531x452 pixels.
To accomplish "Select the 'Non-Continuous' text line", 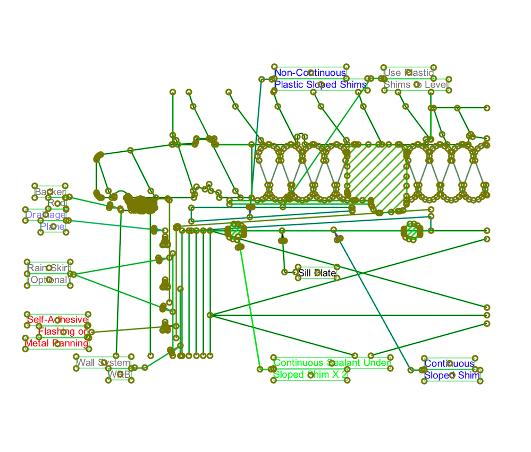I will [310, 73].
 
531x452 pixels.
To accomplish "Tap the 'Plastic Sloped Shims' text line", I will [320, 84].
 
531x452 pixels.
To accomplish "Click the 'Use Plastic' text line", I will [408, 73].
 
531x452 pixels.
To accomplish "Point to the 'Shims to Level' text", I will [416, 84].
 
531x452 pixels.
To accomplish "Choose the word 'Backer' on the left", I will [50, 192].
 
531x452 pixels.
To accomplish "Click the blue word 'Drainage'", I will [46, 215].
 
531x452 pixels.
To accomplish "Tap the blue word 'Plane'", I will [52, 227].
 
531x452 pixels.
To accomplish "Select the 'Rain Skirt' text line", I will [49, 268].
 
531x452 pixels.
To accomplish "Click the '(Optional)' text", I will [48, 280].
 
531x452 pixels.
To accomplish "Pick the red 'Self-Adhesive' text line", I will [57, 319].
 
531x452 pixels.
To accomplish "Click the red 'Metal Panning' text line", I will [56, 343].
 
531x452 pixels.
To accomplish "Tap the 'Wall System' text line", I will [103, 363].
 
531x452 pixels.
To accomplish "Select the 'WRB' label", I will [119, 375].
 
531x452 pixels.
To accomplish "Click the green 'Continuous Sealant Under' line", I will [332, 363].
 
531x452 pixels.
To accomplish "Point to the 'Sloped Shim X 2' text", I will [310, 375].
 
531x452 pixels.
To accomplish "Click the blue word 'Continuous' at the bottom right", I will [449, 363].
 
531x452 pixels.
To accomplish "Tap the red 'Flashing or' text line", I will [62, 332].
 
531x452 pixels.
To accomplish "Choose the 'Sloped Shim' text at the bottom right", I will [452, 375].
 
